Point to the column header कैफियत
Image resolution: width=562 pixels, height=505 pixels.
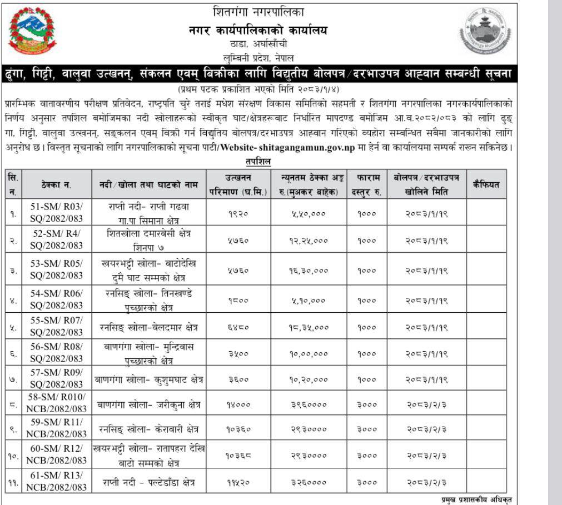[486, 184]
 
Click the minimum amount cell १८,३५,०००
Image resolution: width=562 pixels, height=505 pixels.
[309, 326]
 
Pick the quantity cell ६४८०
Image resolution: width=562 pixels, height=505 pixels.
[239, 326]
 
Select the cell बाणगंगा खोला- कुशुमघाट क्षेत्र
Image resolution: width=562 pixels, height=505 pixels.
[148, 379]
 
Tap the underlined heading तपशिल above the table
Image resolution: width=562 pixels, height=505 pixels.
[258, 162]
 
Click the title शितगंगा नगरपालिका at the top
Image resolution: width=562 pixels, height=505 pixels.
[258, 11]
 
